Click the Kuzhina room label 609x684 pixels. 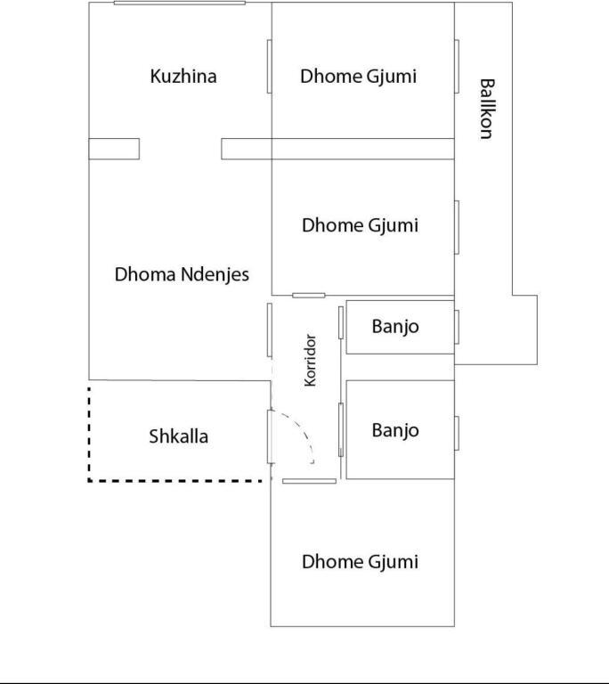point(183,77)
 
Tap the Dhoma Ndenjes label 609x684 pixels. point(182,275)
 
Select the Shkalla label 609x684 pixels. point(178,436)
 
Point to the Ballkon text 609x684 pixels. point(487,109)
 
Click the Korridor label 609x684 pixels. point(310,361)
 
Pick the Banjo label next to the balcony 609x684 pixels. point(395,327)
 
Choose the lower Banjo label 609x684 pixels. point(395,430)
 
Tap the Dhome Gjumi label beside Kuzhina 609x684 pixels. point(358,77)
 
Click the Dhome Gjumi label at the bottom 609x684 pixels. point(360,562)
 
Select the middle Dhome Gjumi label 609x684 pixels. point(360,225)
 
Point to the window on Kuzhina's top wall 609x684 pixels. point(179,3)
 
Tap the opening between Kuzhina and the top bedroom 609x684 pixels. point(270,66)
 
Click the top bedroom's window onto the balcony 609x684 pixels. point(457,66)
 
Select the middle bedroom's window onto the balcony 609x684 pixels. point(457,227)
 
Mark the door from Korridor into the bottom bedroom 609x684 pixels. point(309,481)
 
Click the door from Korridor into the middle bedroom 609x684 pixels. point(309,296)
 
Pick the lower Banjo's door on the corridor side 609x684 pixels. point(341,429)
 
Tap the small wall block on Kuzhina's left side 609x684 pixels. point(114,149)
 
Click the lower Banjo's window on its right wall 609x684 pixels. point(457,433)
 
